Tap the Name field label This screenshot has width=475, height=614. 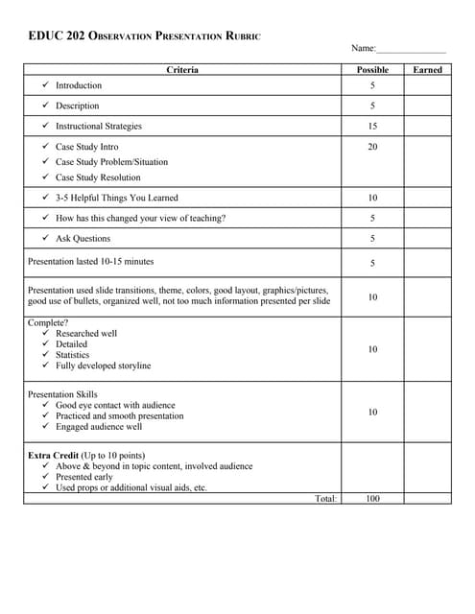click(363, 48)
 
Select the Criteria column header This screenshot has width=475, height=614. click(182, 69)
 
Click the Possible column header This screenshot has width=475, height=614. click(372, 69)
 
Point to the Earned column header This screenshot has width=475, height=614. click(427, 69)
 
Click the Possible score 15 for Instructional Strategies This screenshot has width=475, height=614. click(372, 126)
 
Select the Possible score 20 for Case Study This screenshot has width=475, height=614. click(372, 147)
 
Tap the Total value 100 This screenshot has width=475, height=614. click(372, 498)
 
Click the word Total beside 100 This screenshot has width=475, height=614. click(325, 498)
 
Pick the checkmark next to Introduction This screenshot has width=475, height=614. click(46, 85)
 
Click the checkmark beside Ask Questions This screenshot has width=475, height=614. click(46, 238)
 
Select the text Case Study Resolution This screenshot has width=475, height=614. click(98, 177)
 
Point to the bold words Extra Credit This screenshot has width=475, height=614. click(54, 455)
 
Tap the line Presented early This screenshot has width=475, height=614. click(83, 477)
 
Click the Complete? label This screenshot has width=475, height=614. click(47, 322)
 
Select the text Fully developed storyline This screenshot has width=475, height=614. click(103, 366)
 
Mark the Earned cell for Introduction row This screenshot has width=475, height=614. click(427, 85)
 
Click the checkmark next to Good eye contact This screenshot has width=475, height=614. click(46, 406)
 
